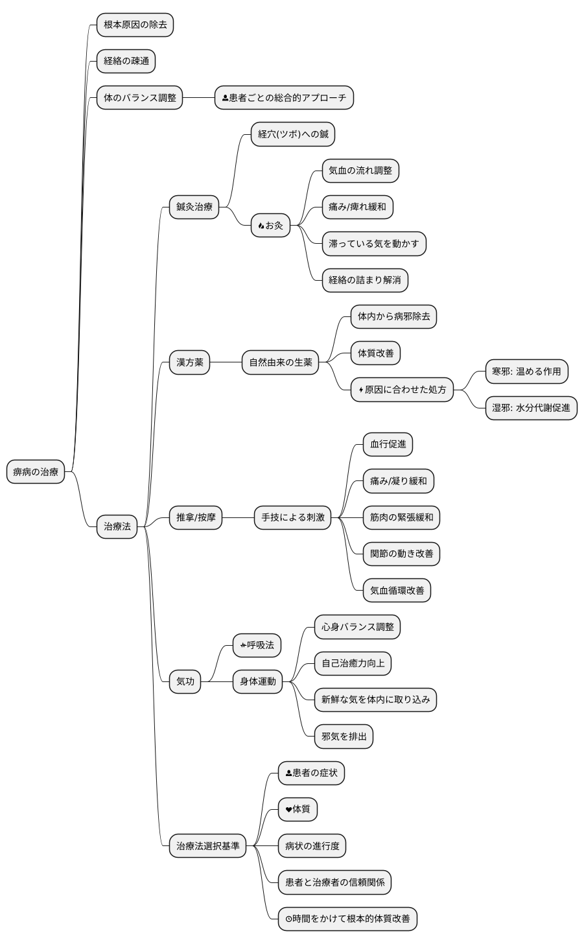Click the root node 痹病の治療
[36, 471]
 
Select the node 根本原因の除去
[135, 25]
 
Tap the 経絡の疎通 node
[126, 61]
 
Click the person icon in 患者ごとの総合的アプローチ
[225, 98]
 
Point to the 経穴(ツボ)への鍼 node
[293, 134]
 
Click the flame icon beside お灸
[261, 226]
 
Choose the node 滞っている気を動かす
[374, 244]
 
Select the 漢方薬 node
[190, 362]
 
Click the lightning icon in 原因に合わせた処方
[361, 390]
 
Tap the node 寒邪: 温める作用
[527, 372]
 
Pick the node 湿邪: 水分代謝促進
[531, 408]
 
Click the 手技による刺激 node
[293, 517]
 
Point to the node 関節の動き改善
[402, 554]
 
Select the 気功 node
[185, 681]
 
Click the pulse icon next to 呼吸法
[243, 645]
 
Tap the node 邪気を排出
[344, 737]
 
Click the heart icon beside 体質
[288, 809]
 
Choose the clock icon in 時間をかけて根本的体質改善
[288, 919]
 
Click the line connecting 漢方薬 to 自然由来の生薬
[226, 362]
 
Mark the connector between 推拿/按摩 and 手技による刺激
[238, 517]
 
